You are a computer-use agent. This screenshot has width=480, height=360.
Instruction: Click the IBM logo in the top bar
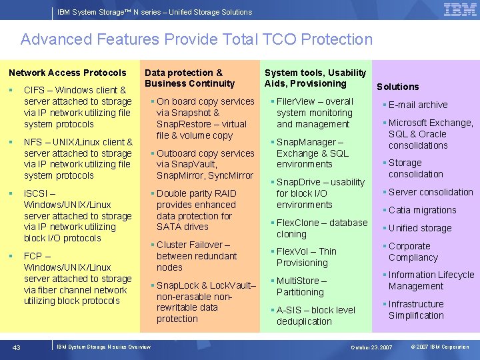(459, 10)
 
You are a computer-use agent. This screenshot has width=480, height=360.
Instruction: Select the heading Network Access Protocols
(67, 73)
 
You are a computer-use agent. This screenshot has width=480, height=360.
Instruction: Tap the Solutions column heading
(398, 87)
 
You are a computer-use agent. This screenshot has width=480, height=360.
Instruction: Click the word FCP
(33, 256)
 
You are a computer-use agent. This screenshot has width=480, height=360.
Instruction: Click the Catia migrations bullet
(422, 210)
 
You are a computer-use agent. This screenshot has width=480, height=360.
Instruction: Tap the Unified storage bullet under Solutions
(419, 228)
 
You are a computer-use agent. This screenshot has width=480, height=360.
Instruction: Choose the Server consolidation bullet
(430, 192)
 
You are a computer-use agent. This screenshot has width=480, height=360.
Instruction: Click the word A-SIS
(290, 310)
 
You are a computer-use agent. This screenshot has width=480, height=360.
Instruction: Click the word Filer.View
(296, 101)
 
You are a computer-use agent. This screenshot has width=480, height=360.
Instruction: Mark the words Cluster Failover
(189, 245)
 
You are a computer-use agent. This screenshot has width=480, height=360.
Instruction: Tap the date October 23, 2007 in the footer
(371, 347)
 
